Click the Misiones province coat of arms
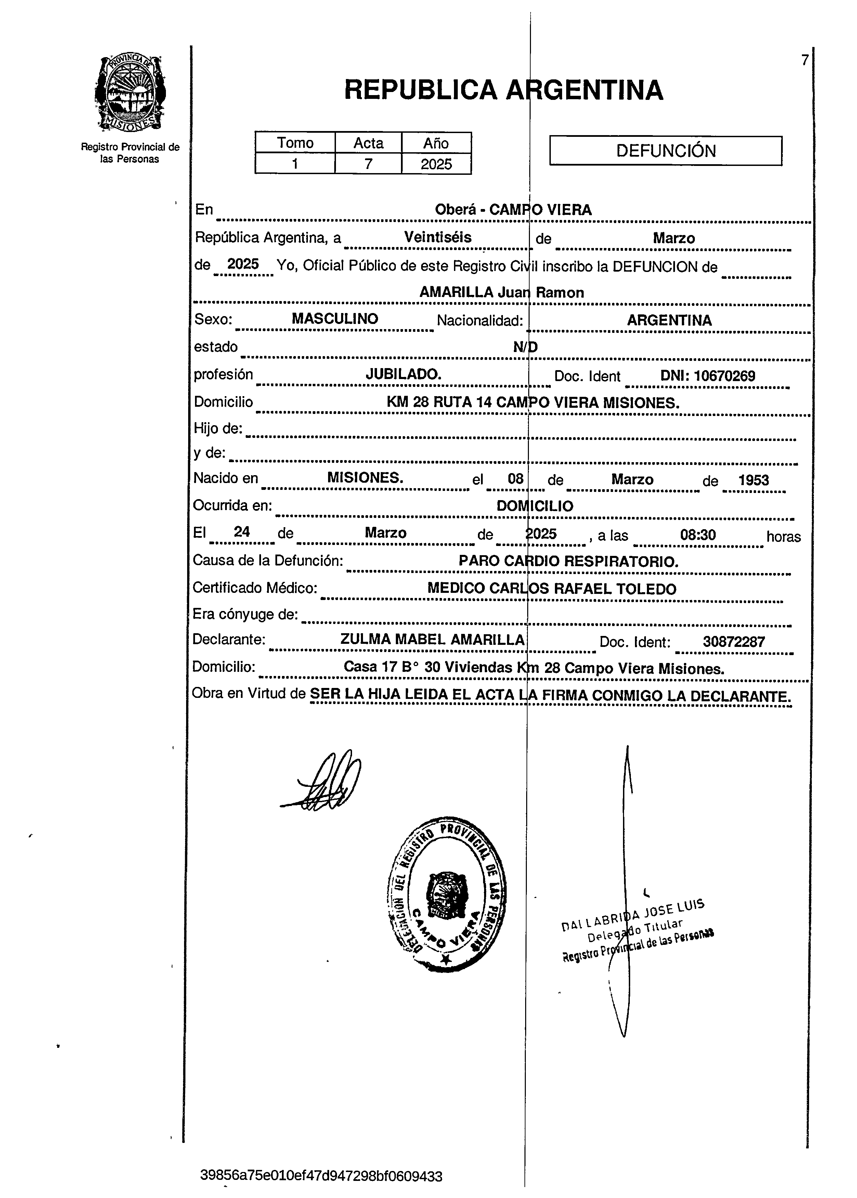pos(130,93)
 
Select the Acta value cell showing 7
pos(368,164)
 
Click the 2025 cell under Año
pos(437,164)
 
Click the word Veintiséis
pos(438,237)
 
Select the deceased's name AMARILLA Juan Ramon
pos(501,293)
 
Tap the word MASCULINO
pos(335,318)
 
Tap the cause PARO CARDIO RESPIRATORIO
pos(568,561)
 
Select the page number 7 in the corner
pos(804,61)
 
